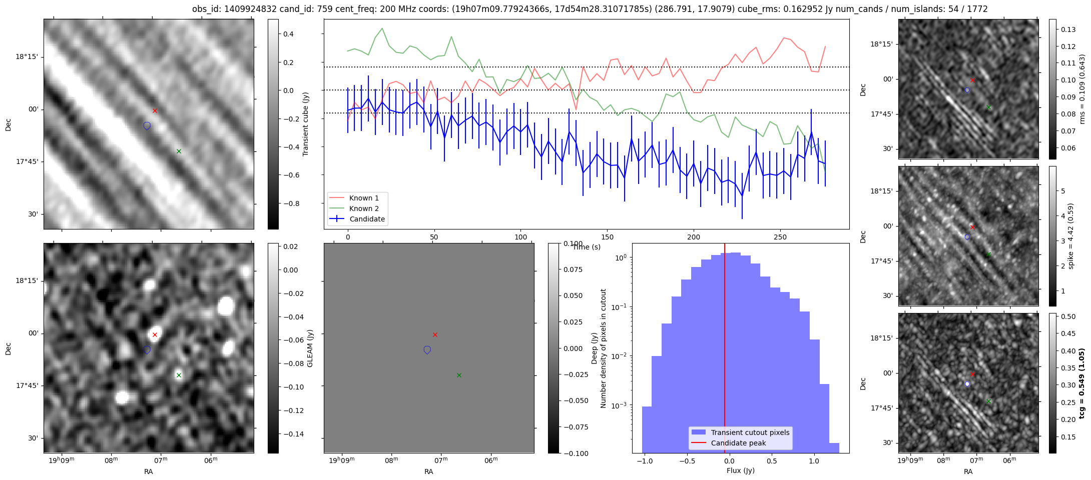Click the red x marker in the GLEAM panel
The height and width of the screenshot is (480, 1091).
coord(155,334)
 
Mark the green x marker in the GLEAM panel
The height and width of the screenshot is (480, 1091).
coord(179,375)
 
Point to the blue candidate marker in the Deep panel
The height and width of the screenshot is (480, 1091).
coord(427,350)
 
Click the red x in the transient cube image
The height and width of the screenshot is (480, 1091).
coord(155,110)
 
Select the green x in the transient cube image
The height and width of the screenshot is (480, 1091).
coord(179,151)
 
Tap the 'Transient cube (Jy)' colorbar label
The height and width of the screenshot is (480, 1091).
coord(305,124)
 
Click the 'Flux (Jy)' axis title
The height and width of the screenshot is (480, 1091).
coord(740,470)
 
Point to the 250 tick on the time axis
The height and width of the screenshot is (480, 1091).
coord(780,237)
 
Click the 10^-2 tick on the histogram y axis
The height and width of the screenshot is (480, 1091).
coord(621,356)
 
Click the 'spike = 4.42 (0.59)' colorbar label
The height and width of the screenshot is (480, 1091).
coord(1070,236)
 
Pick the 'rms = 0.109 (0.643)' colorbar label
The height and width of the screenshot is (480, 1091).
coord(1082,89)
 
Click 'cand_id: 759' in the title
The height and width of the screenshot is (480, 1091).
coord(303,9)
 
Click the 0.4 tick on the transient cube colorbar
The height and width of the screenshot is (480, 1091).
coord(289,34)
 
